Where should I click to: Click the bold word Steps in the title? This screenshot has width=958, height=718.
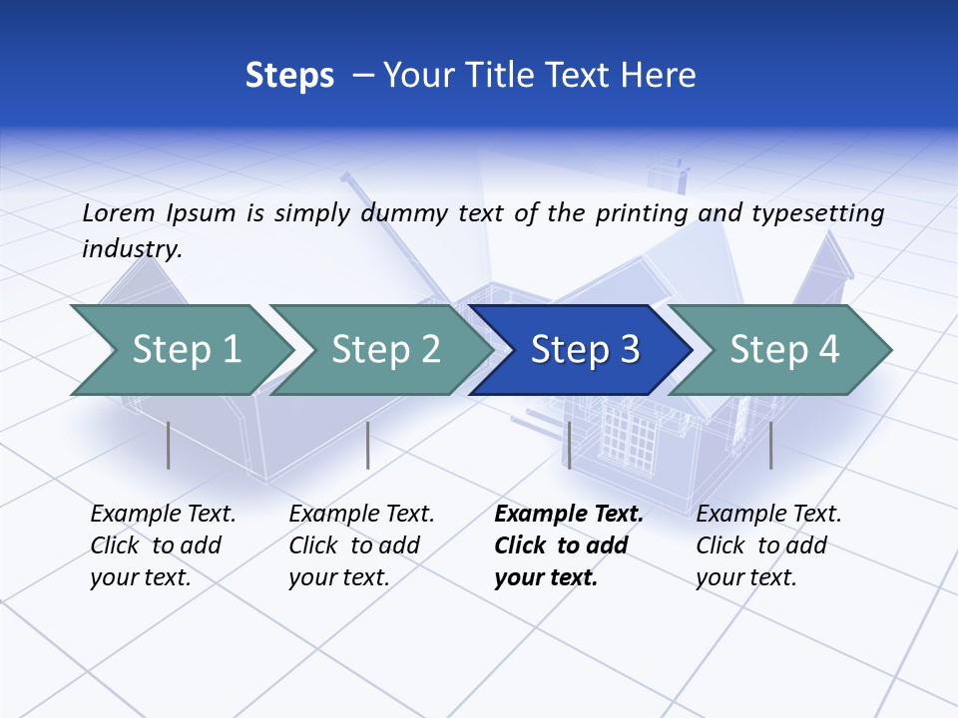coord(289,75)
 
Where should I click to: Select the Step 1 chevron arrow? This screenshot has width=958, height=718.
coord(186,349)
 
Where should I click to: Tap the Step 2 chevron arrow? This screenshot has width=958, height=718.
coord(385,349)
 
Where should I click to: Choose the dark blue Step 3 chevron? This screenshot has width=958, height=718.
coord(585,349)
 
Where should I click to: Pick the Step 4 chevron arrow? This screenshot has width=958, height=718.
coord(784,349)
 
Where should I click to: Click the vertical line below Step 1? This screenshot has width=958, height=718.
coord(168,445)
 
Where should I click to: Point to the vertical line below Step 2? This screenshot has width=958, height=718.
coord(368,445)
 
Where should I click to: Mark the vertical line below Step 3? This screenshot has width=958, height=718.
coord(569,445)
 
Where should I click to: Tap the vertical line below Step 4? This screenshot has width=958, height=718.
coord(770,445)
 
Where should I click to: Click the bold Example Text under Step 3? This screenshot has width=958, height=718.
coord(569,545)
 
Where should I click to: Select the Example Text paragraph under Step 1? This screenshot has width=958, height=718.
coord(163,545)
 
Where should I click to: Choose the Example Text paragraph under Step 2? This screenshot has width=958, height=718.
coord(361,545)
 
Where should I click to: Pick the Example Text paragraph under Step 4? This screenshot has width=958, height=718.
coord(768,545)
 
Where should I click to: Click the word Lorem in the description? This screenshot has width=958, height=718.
coord(119,212)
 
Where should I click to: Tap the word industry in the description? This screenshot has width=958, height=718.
coord(132,249)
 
